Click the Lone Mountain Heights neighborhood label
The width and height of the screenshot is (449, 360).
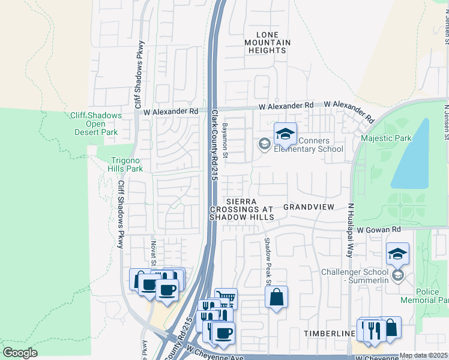(x=268, y=43)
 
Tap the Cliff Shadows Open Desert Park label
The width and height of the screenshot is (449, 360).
(x=104, y=124)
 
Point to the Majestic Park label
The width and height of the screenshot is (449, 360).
(x=386, y=139)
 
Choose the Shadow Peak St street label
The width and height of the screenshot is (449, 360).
(x=268, y=261)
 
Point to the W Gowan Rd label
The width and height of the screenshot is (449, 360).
(x=378, y=230)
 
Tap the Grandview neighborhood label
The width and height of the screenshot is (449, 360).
(x=309, y=206)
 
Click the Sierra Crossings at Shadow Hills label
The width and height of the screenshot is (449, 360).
(x=242, y=209)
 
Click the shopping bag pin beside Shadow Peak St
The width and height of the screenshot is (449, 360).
(x=276, y=298)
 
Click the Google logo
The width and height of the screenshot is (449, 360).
(x=20, y=352)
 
